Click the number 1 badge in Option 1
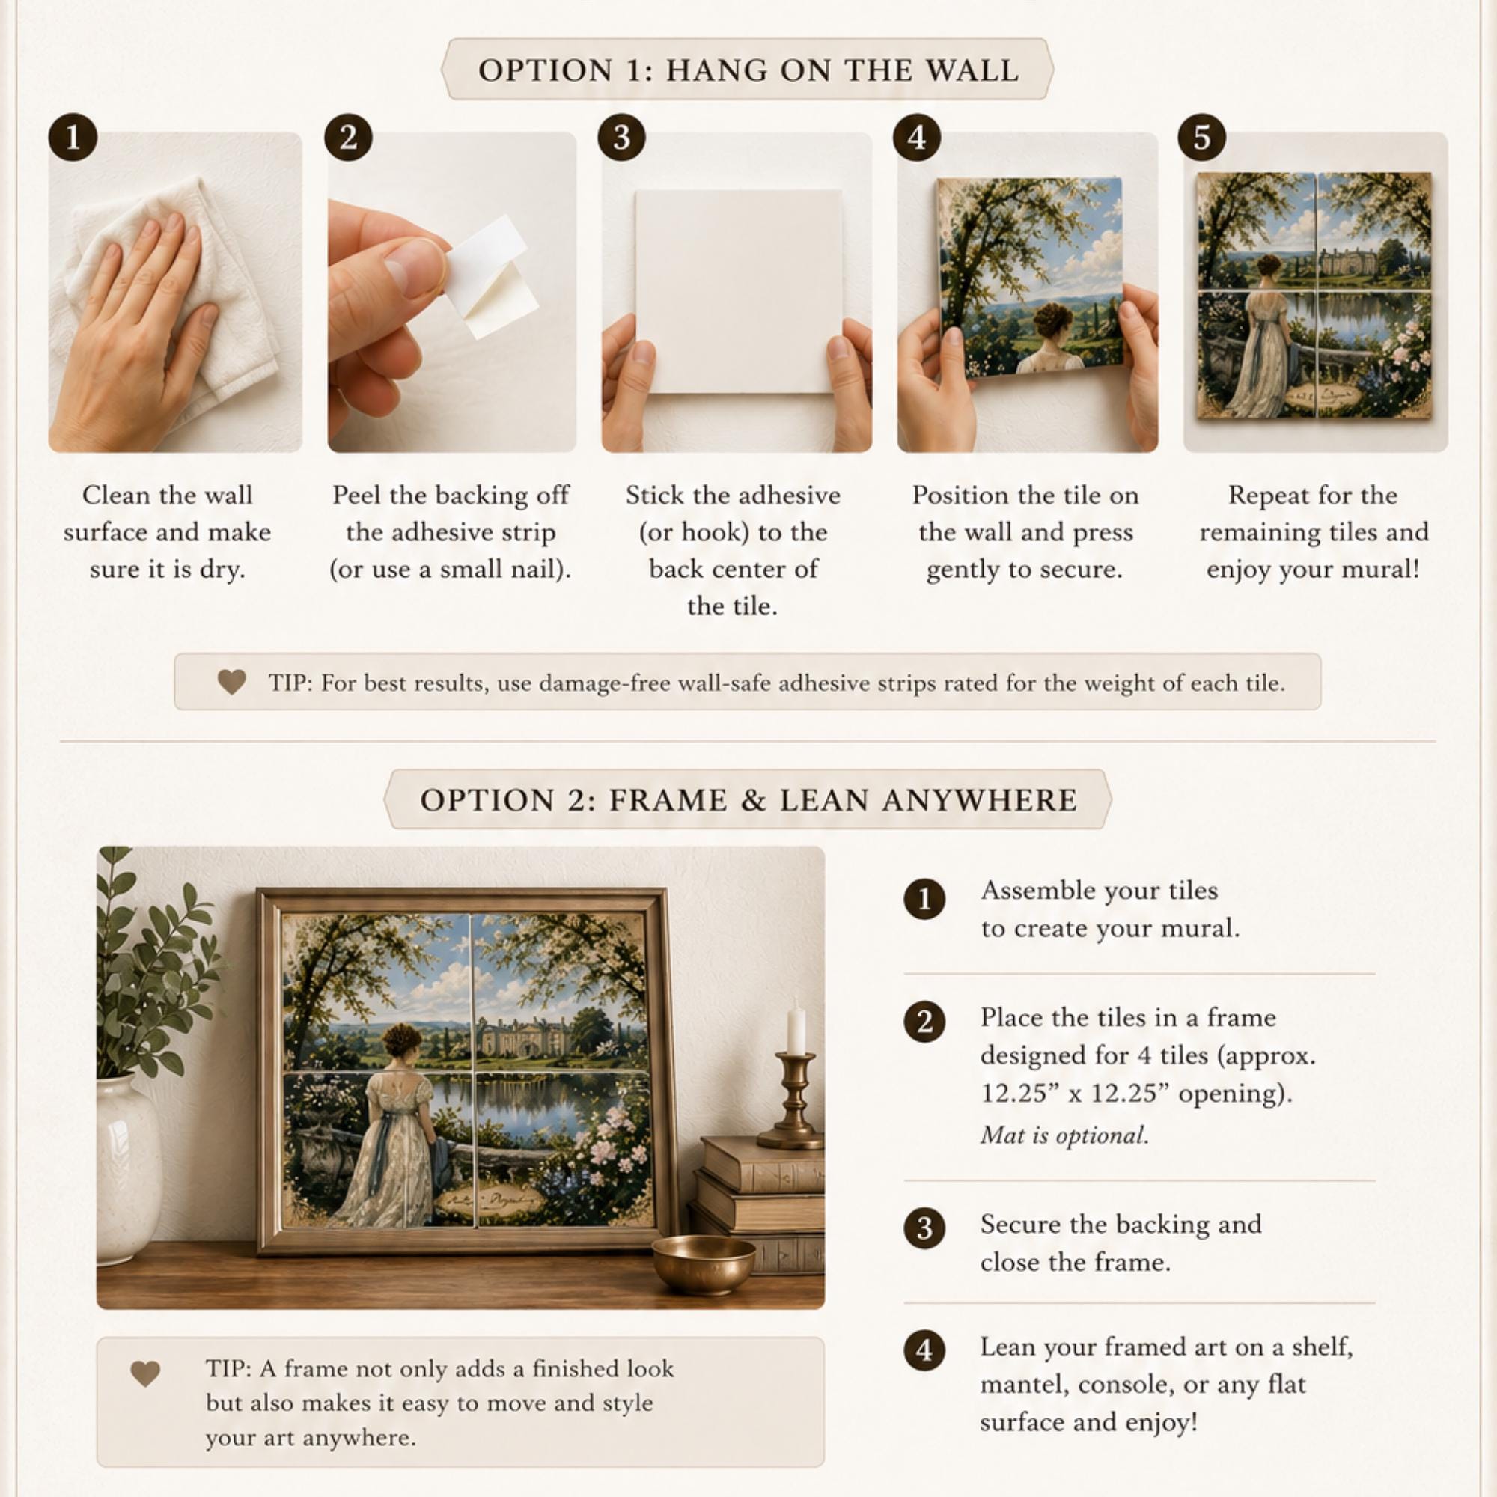pos(73,137)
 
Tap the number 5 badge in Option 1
pos(1202,137)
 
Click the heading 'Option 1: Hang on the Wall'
pos(748,70)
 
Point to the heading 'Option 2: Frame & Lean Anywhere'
pos(748,799)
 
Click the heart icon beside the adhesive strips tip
pos(232,682)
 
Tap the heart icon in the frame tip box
pos(145,1373)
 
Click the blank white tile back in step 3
pos(738,290)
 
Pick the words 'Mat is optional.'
pos(1064,1135)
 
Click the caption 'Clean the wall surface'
pos(168,513)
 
